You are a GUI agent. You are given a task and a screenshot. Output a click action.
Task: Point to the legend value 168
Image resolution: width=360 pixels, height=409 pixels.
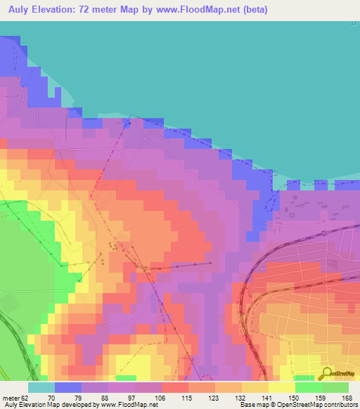click(x=345, y=397)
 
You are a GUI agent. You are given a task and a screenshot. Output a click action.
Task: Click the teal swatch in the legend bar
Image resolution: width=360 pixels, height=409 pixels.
click(x=41, y=387)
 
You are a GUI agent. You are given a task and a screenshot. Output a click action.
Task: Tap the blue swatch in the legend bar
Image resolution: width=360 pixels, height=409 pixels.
click(x=68, y=387)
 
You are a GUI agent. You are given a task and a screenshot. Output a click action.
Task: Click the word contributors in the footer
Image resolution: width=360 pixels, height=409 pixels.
click(x=340, y=405)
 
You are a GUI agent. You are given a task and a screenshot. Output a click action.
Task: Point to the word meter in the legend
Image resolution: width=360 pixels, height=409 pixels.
click(x=11, y=397)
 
